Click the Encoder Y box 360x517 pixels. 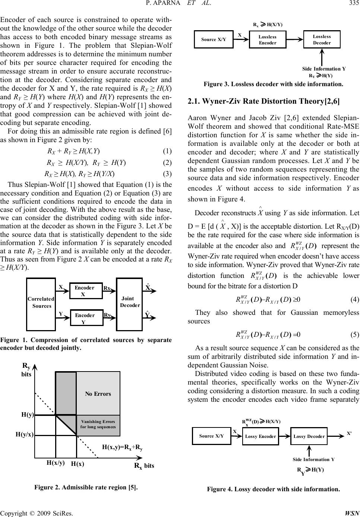86,318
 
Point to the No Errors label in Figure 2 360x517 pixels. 98,394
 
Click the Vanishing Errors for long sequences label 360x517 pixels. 98,424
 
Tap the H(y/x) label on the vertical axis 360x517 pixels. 24,434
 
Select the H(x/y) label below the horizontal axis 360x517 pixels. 56,463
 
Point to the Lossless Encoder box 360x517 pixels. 268,40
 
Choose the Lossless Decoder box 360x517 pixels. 322,40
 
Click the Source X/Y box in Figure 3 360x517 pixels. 214,40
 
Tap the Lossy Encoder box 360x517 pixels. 260,436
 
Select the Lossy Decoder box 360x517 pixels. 309,436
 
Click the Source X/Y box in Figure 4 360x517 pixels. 211,436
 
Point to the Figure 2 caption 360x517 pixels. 86,487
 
